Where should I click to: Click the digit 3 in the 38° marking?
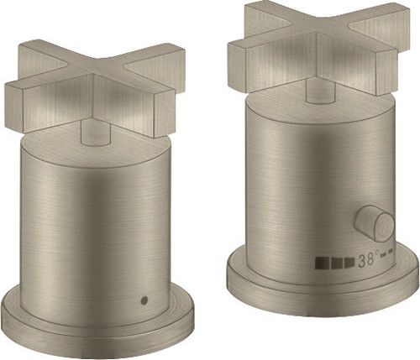coord(361,261)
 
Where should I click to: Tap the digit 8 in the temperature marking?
coord(370,259)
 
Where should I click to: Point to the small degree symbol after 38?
coord(376,253)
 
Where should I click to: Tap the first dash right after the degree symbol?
coord(383,255)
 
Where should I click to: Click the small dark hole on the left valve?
coord(144,300)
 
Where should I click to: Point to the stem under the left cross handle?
coord(94,133)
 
